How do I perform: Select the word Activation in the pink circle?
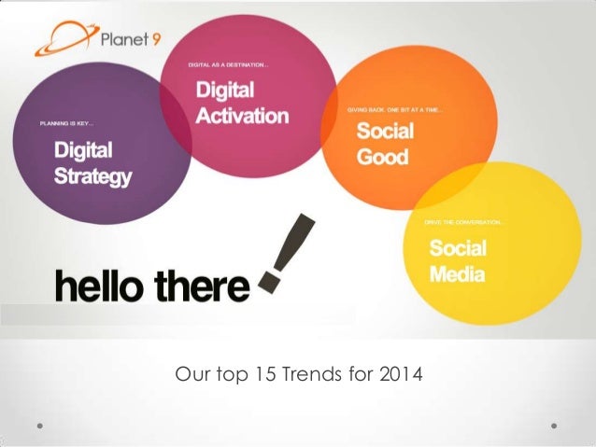(242, 117)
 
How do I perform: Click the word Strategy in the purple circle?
(92, 176)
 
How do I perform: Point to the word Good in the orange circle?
(383, 157)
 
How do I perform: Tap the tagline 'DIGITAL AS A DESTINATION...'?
(230, 65)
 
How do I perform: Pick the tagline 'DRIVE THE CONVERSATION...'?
(464, 222)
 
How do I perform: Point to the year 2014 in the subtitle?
(402, 376)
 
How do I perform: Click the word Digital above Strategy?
(82, 150)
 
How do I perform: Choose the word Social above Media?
(458, 249)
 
